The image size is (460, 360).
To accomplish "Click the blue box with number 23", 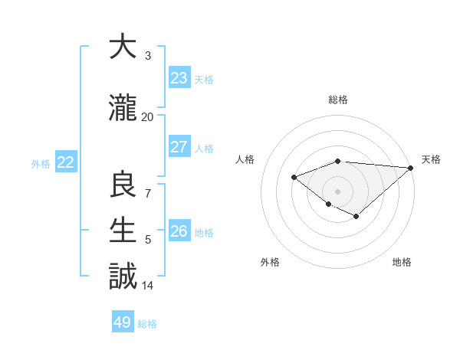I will pyautogui.click(x=179, y=78).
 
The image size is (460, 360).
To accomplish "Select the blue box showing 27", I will pyautogui.click(x=179, y=147).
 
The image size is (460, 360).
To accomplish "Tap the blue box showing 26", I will pyautogui.click(x=179, y=231).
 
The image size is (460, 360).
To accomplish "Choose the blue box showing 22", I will pyautogui.click(x=66, y=162).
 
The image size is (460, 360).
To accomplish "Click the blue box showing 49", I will pyautogui.click(x=123, y=322).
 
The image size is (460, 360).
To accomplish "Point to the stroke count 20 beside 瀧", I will pyautogui.click(x=147, y=117).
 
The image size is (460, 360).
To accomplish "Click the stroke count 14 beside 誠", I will pyautogui.click(x=147, y=286).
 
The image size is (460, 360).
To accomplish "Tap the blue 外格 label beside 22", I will pyautogui.click(x=41, y=163).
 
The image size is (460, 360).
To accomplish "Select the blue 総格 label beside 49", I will pyautogui.click(x=147, y=324).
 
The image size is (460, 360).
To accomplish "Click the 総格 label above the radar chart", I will pyautogui.click(x=338, y=100).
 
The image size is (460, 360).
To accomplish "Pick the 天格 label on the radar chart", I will pyautogui.click(x=432, y=159).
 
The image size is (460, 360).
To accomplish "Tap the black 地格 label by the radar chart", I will pyautogui.click(x=402, y=262).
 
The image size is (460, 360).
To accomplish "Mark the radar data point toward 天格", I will pyautogui.click(x=412, y=168).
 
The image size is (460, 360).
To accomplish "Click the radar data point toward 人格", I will pyautogui.click(x=294, y=177).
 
